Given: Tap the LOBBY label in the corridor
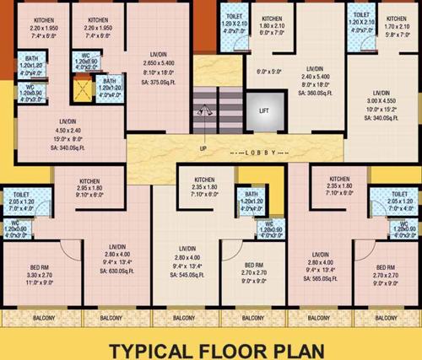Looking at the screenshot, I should point(257,153).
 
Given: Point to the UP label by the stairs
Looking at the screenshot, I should point(203,148).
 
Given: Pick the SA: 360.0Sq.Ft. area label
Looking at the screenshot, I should point(315,93).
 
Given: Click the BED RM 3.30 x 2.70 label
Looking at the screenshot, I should point(40,275).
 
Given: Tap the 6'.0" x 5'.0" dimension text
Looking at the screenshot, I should point(268,72).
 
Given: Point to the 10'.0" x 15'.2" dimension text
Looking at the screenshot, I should point(381,109).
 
